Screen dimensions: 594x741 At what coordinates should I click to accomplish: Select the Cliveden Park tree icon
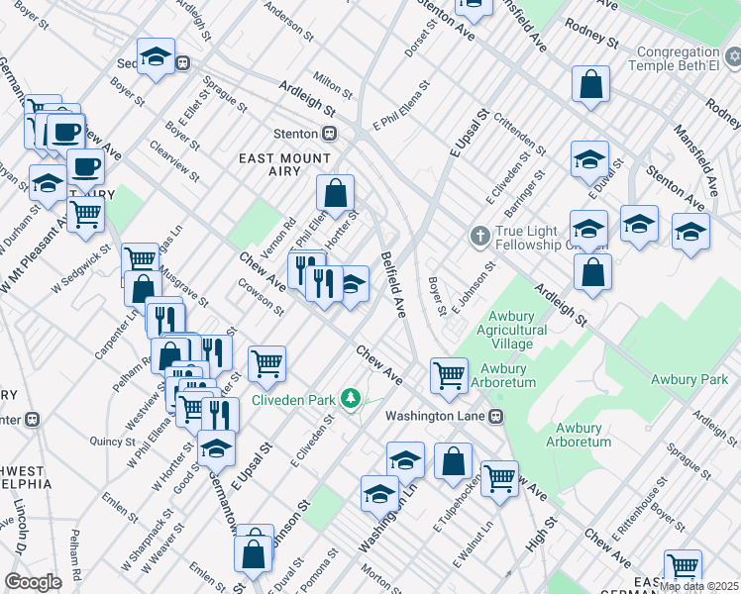click(x=349, y=399)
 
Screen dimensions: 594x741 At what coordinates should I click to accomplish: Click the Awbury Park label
click(x=688, y=379)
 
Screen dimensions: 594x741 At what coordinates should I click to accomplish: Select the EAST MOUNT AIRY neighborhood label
click(x=284, y=158)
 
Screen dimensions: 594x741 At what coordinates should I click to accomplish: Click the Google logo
click(x=33, y=582)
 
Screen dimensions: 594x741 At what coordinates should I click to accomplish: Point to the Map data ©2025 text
click(x=698, y=586)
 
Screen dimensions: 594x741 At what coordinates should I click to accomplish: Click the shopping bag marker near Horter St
click(x=336, y=193)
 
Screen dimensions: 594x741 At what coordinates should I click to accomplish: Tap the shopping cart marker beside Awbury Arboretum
click(x=449, y=375)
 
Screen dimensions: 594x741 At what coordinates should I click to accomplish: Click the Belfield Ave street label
click(x=393, y=284)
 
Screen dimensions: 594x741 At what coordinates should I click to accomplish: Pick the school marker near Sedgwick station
click(x=156, y=57)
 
